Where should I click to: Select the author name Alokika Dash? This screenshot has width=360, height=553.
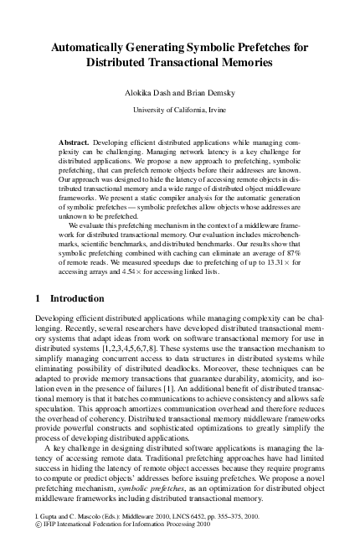pyautogui.click(x=143, y=94)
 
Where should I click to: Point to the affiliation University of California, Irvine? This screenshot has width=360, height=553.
pyautogui.click(x=180, y=109)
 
